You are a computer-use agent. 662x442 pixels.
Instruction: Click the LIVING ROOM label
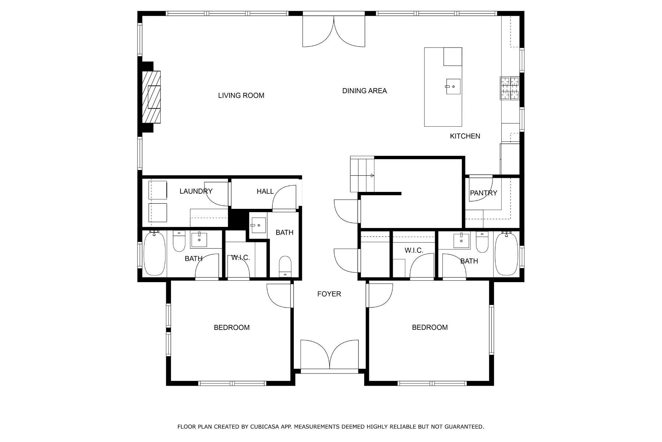click(241, 95)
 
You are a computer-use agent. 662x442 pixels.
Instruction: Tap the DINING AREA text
click(364, 91)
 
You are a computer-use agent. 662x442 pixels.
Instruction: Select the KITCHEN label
click(465, 136)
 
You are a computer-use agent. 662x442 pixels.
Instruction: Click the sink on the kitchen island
click(453, 86)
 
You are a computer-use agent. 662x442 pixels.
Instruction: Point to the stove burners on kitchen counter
click(509, 88)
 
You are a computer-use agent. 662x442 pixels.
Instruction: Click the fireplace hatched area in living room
click(152, 97)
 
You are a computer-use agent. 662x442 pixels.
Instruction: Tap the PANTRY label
click(483, 193)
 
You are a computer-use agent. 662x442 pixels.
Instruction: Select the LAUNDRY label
click(196, 191)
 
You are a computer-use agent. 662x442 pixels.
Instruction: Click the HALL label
click(265, 191)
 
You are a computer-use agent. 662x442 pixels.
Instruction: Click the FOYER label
click(329, 294)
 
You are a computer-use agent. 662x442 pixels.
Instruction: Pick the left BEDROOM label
click(231, 327)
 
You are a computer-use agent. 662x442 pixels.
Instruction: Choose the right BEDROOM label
click(430, 327)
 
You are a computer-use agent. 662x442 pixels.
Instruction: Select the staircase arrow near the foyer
click(372, 176)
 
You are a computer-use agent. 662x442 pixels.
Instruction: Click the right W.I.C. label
click(414, 250)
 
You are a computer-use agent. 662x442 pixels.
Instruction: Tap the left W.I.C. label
click(240, 257)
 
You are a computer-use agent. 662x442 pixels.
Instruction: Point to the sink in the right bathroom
click(461, 241)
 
